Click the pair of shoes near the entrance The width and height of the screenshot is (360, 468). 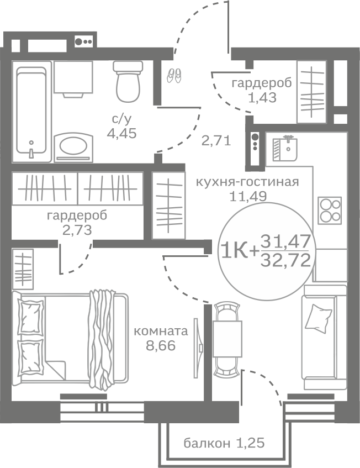174,75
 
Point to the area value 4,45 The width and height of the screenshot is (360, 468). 121,133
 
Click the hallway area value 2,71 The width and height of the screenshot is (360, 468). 215,140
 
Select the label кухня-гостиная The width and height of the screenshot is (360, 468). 247,182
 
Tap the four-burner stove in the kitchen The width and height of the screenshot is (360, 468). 330,209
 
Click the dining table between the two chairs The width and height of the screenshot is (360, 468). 227,338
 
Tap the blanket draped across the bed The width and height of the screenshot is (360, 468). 102,337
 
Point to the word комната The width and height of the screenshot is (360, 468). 161,332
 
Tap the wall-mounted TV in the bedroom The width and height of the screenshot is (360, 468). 195,348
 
